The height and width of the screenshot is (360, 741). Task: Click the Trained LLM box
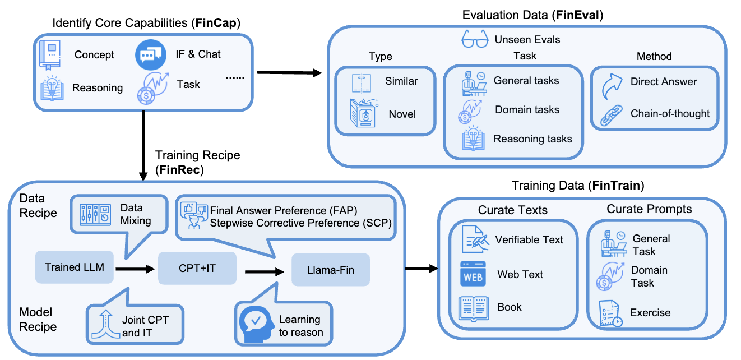tap(75, 267)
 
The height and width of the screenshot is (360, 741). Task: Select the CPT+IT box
tap(197, 268)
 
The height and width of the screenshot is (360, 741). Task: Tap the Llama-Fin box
tap(331, 270)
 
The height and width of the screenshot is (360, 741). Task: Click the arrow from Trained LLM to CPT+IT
tap(135, 269)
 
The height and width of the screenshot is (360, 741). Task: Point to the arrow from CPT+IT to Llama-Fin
tap(265, 271)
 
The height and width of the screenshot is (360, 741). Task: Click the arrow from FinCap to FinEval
tap(289, 72)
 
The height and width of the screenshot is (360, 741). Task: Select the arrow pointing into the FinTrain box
tap(422, 269)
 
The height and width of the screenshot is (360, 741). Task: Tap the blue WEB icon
tap(473, 274)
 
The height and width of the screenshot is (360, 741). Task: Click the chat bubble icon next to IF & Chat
tap(151, 55)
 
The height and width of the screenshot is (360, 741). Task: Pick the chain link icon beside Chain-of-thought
tap(612, 116)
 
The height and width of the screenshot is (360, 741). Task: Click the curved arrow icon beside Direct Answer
tap(612, 86)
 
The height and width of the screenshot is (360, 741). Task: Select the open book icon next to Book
tap(474, 309)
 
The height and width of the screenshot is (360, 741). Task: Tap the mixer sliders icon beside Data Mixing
tap(95, 214)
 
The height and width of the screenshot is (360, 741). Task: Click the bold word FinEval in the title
tap(577, 15)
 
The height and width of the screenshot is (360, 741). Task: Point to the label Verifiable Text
tap(529, 239)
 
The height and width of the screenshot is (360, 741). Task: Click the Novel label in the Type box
tap(402, 114)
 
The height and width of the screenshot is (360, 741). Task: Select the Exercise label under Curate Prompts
tap(650, 312)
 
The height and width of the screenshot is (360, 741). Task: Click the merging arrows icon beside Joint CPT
tap(105, 325)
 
